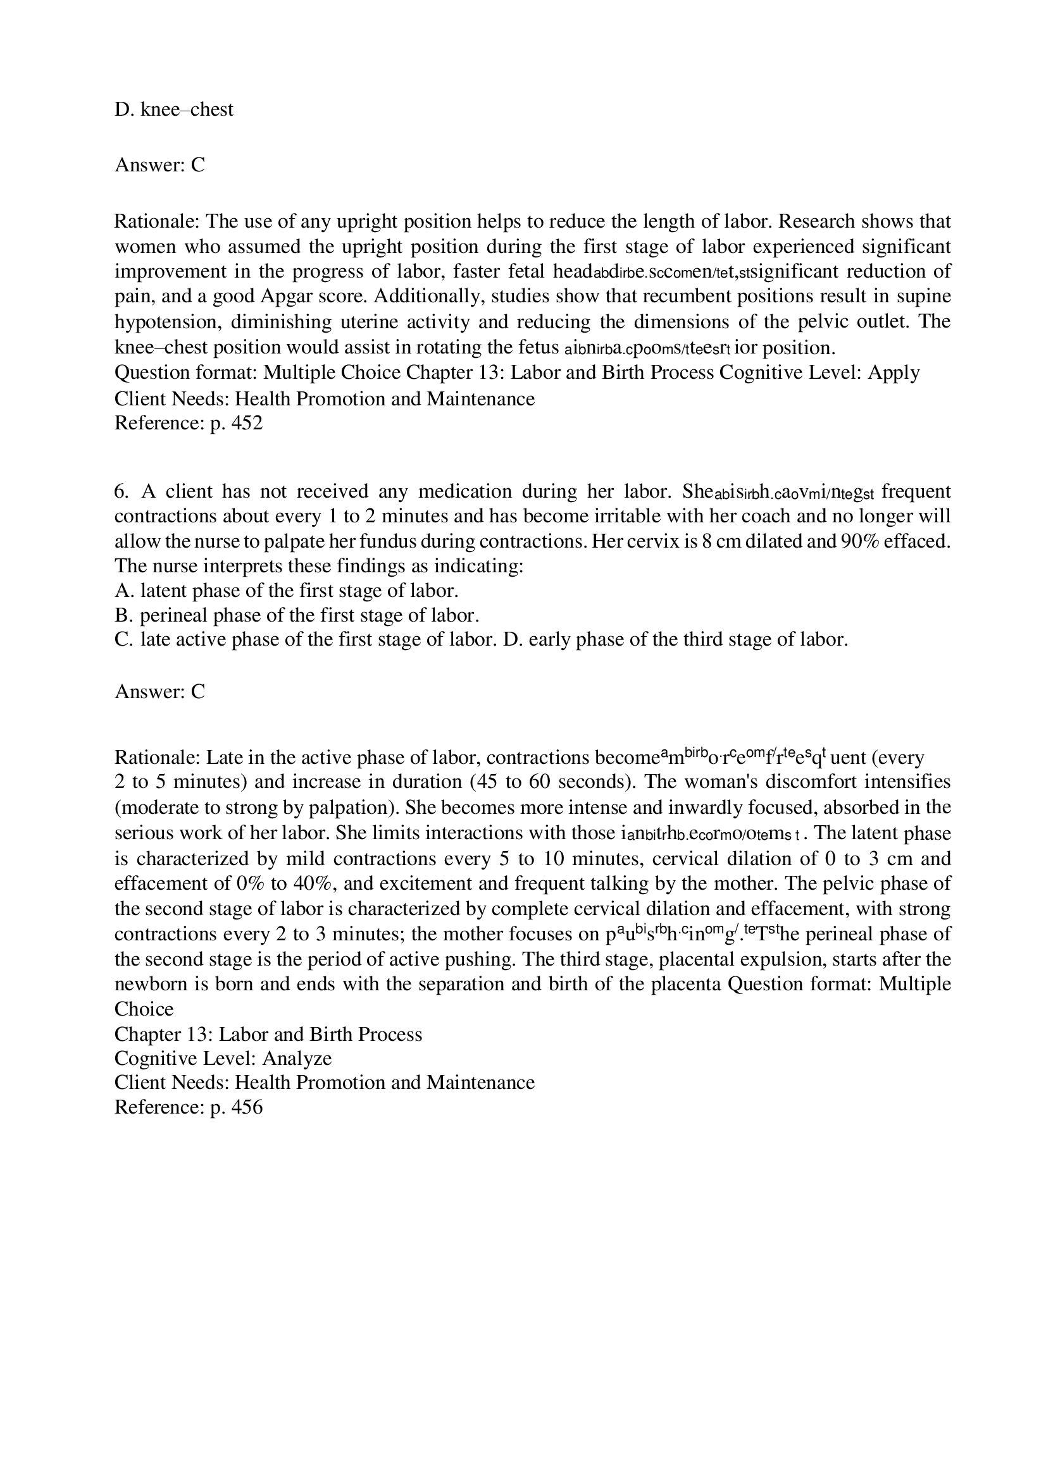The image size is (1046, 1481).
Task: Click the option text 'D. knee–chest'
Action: click(x=173, y=109)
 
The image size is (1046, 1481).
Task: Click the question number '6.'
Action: click(x=121, y=491)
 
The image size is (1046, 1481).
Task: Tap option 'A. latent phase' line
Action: click(x=286, y=591)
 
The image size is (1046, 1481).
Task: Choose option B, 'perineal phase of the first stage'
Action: click(x=297, y=616)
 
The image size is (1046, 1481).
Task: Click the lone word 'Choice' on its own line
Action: click(x=144, y=1009)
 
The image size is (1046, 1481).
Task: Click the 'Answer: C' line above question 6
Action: click(x=159, y=165)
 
